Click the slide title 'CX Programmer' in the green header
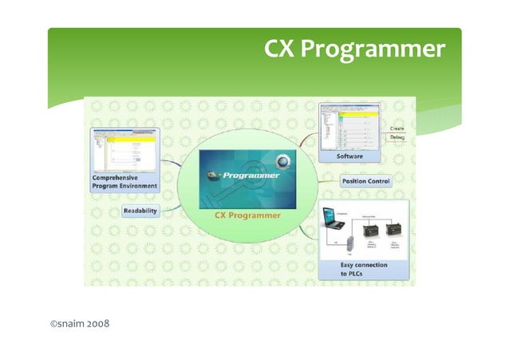click(x=354, y=50)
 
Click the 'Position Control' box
click(x=365, y=181)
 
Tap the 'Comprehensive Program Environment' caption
click(x=123, y=182)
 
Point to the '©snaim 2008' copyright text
click(x=79, y=325)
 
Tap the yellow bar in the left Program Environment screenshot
click(x=131, y=136)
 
